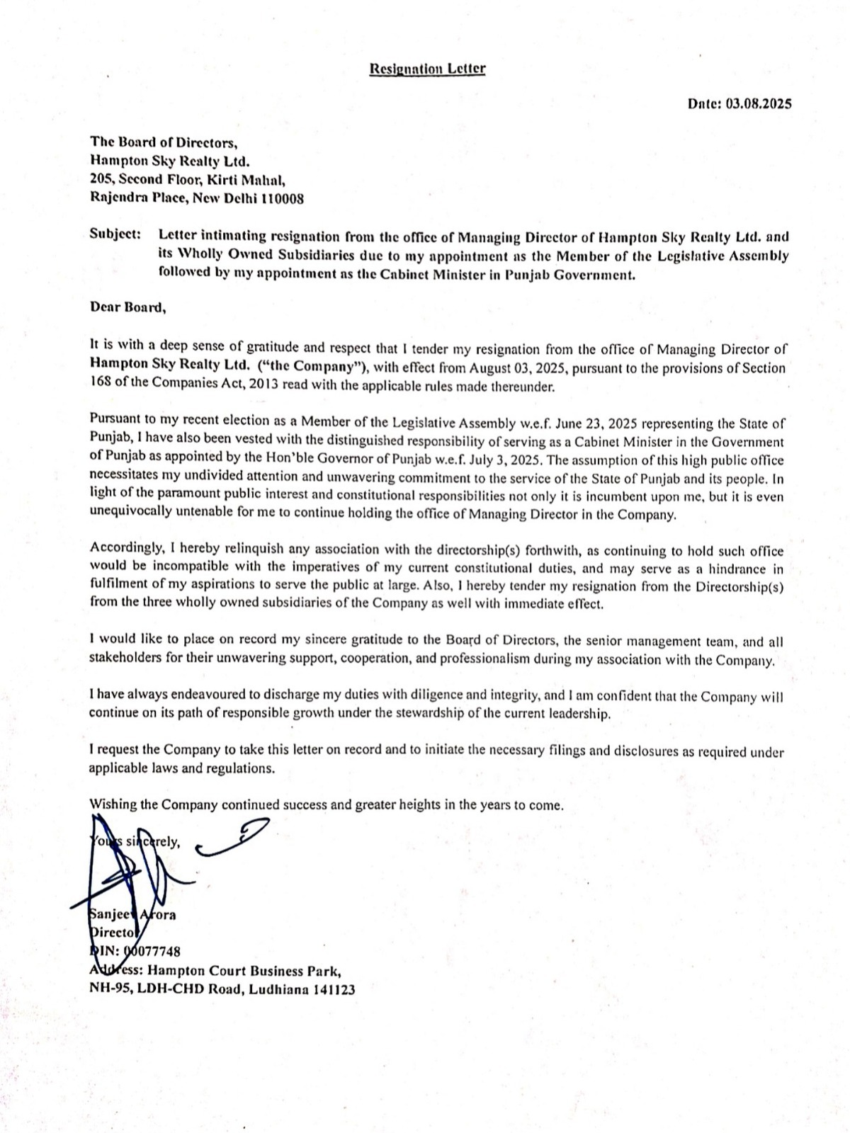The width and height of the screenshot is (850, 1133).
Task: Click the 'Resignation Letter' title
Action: point(428,69)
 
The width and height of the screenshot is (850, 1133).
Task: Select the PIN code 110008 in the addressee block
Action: point(283,199)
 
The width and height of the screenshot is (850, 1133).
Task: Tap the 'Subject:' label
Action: point(115,234)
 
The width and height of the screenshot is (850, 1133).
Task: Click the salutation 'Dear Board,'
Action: point(127,307)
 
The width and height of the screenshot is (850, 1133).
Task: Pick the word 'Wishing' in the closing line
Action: point(113,804)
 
